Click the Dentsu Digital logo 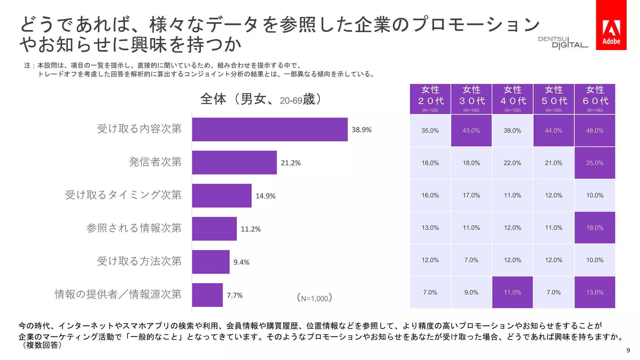(562, 43)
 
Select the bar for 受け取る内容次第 (269, 129)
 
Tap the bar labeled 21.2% (234, 162)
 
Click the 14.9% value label (265, 196)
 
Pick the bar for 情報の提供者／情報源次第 (207, 295)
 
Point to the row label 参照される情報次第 (134, 228)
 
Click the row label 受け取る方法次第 (139, 261)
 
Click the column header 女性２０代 (430, 98)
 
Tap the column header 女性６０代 (595, 98)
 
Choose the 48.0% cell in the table (595, 131)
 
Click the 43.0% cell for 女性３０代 (471, 131)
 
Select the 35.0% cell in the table (430, 131)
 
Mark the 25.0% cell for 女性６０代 (595, 163)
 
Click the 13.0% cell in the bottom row (595, 292)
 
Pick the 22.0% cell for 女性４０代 (512, 163)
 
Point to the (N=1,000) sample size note (314, 298)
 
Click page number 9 (628, 350)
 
